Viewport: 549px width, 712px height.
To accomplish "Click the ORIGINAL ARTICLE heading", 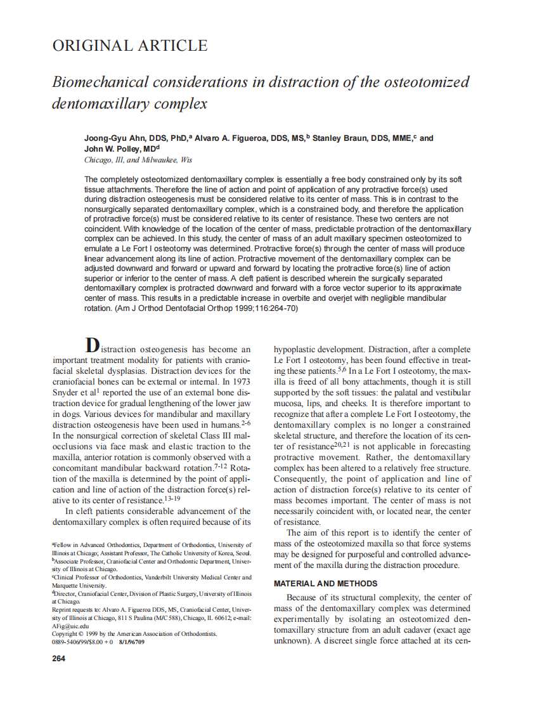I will coord(129,46).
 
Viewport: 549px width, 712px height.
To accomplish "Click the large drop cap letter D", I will coord(93,346).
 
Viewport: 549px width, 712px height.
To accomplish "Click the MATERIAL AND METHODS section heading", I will coord(325,583).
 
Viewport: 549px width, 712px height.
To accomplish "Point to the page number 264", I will coord(58,658).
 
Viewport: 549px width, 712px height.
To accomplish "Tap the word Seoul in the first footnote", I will coord(243,553).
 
